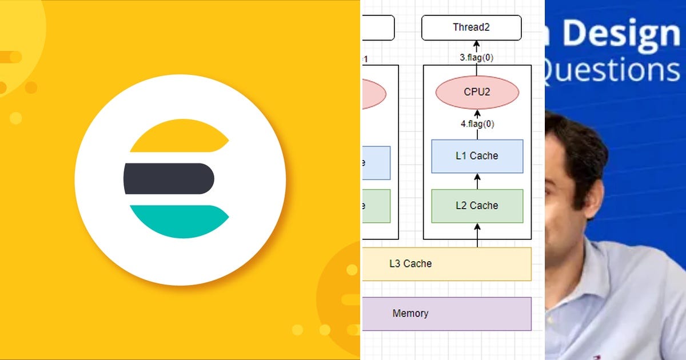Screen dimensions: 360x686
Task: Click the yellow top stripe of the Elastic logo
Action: pyautogui.click(x=177, y=137)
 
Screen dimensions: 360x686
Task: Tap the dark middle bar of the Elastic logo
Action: pyautogui.click(x=169, y=178)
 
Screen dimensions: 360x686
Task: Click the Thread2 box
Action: pyautogui.click(x=472, y=27)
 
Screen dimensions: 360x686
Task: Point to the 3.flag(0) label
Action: pyautogui.click(x=477, y=58)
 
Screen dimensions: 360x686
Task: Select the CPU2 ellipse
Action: pyautogui.click(x=477, y=92)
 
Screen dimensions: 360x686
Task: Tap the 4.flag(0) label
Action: pyautogui.click(x=477, y=123)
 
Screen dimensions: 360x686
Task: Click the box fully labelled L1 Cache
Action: pyautogui.click(x=477, y=156)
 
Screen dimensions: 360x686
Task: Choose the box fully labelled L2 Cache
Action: pyautogui.click(x=477, y=206)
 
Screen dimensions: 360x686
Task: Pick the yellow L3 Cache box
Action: pyautogui.click(x=446, y=263)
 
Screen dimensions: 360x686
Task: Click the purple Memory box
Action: pyautogui.click(x=446, y=313)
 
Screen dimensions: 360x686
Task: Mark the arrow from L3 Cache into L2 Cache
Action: pyautogui.click(x=477, y=235)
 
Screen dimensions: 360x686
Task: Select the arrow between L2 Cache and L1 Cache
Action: pyautogui.click(x=477, y=181)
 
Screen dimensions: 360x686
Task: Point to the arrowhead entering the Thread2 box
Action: pyautogui.click(x=477, y=44)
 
